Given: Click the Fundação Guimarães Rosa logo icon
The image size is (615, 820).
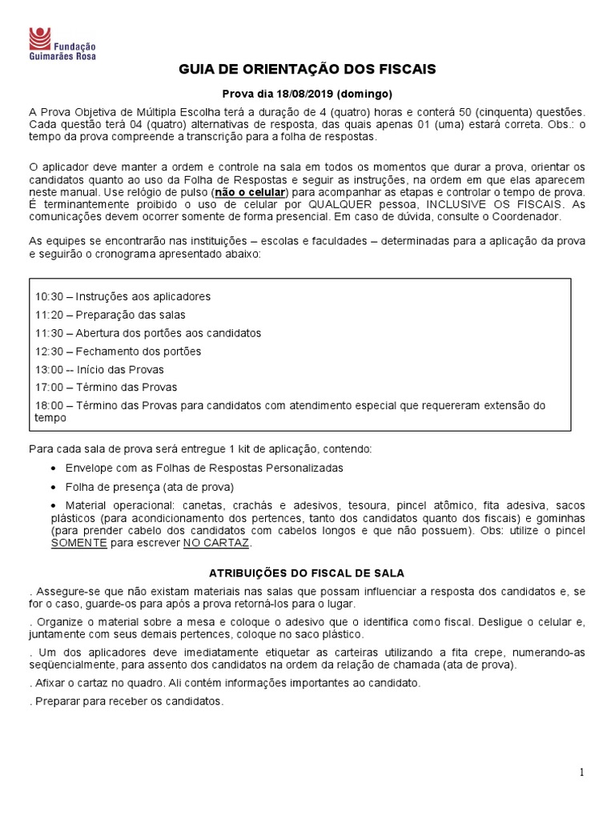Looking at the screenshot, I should pos(38,37).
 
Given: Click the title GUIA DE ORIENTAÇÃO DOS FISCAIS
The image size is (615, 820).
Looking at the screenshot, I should pos(307,70).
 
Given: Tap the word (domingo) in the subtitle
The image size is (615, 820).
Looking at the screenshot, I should pos(364,94).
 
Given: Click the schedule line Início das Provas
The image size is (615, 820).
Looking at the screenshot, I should pos(120,369).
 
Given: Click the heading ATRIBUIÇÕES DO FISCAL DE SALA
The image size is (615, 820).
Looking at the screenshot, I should pos(307,573).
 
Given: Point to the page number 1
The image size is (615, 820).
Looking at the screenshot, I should pos(582,772).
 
